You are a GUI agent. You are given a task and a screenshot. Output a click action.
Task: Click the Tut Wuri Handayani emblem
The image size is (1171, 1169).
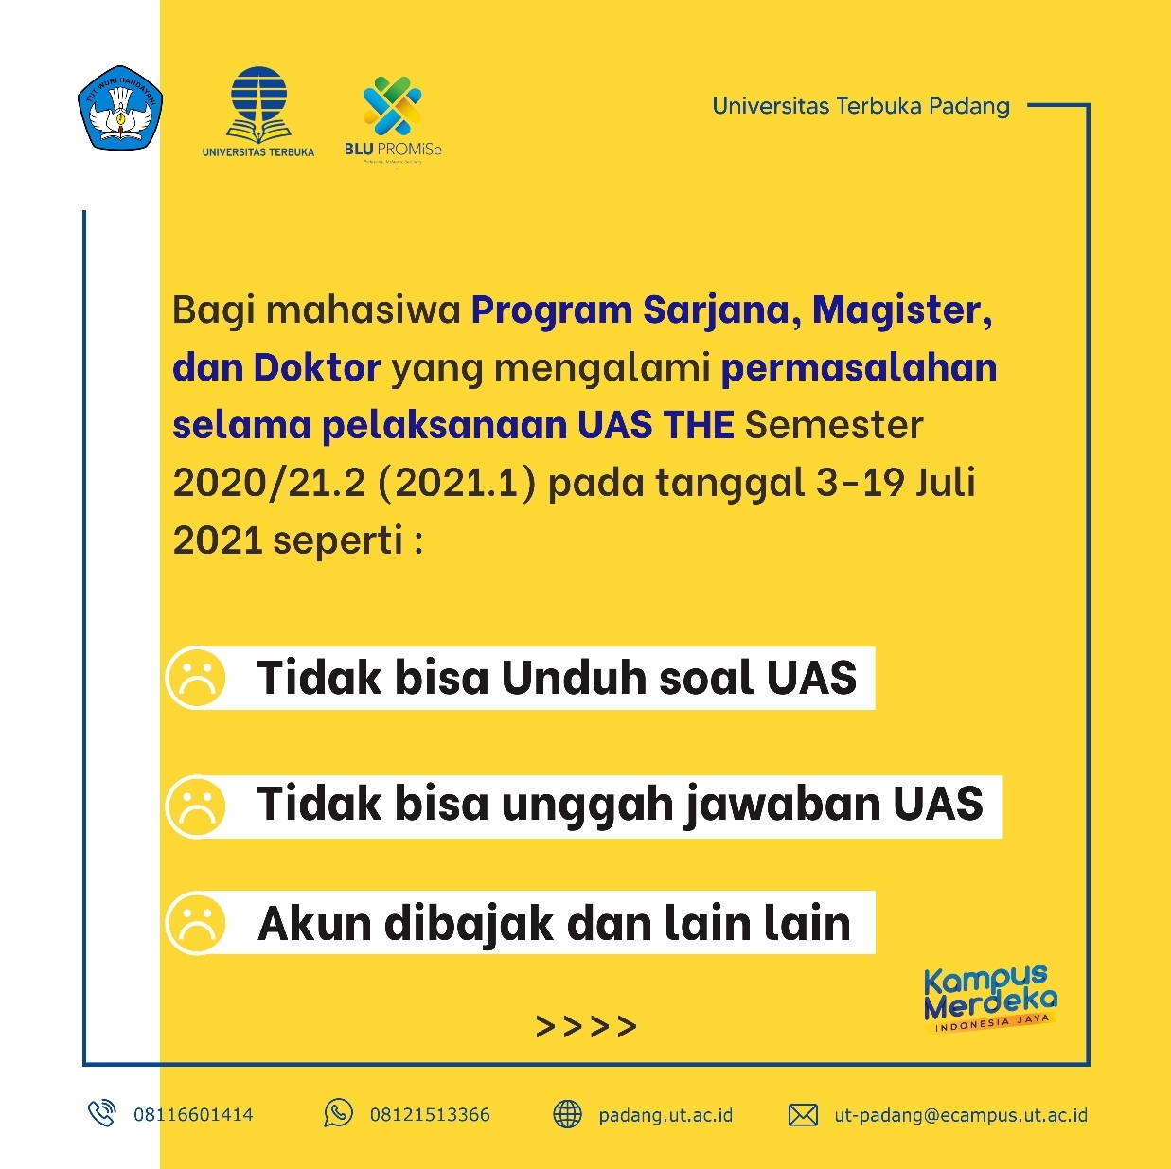(120, 108)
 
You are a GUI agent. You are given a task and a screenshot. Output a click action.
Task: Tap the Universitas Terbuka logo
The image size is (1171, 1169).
(258, 112)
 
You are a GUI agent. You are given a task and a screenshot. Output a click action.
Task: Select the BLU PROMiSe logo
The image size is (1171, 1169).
(393, 120)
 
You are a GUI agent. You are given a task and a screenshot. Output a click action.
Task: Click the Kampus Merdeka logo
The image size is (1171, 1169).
(990, 999)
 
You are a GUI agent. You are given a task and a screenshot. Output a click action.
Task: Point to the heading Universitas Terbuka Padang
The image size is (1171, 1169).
(861, 106)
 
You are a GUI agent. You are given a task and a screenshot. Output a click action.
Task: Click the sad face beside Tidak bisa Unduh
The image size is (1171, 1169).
(196, 677)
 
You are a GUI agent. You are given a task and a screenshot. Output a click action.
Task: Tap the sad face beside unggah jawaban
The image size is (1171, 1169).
(196, 806)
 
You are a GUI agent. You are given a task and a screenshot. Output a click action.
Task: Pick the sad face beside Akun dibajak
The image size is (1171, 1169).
(196, 922)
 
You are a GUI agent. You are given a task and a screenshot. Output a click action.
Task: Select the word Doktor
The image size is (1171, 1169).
(317, 368)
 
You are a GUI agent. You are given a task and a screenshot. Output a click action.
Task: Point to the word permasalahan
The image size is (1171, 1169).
(860, 369)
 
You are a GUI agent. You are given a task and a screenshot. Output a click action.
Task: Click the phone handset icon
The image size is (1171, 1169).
(101, 1114)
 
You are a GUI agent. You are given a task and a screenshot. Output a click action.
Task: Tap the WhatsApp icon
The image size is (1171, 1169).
(338, 1114)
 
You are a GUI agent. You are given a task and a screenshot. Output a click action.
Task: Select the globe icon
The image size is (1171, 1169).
(567, 1114)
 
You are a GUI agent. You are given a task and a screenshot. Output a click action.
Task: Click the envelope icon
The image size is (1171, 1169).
(803, 1114)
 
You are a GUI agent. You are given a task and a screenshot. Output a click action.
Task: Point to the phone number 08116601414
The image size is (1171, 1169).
(193, 1114)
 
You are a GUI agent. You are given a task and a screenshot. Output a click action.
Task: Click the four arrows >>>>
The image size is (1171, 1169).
(586, 1026)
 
